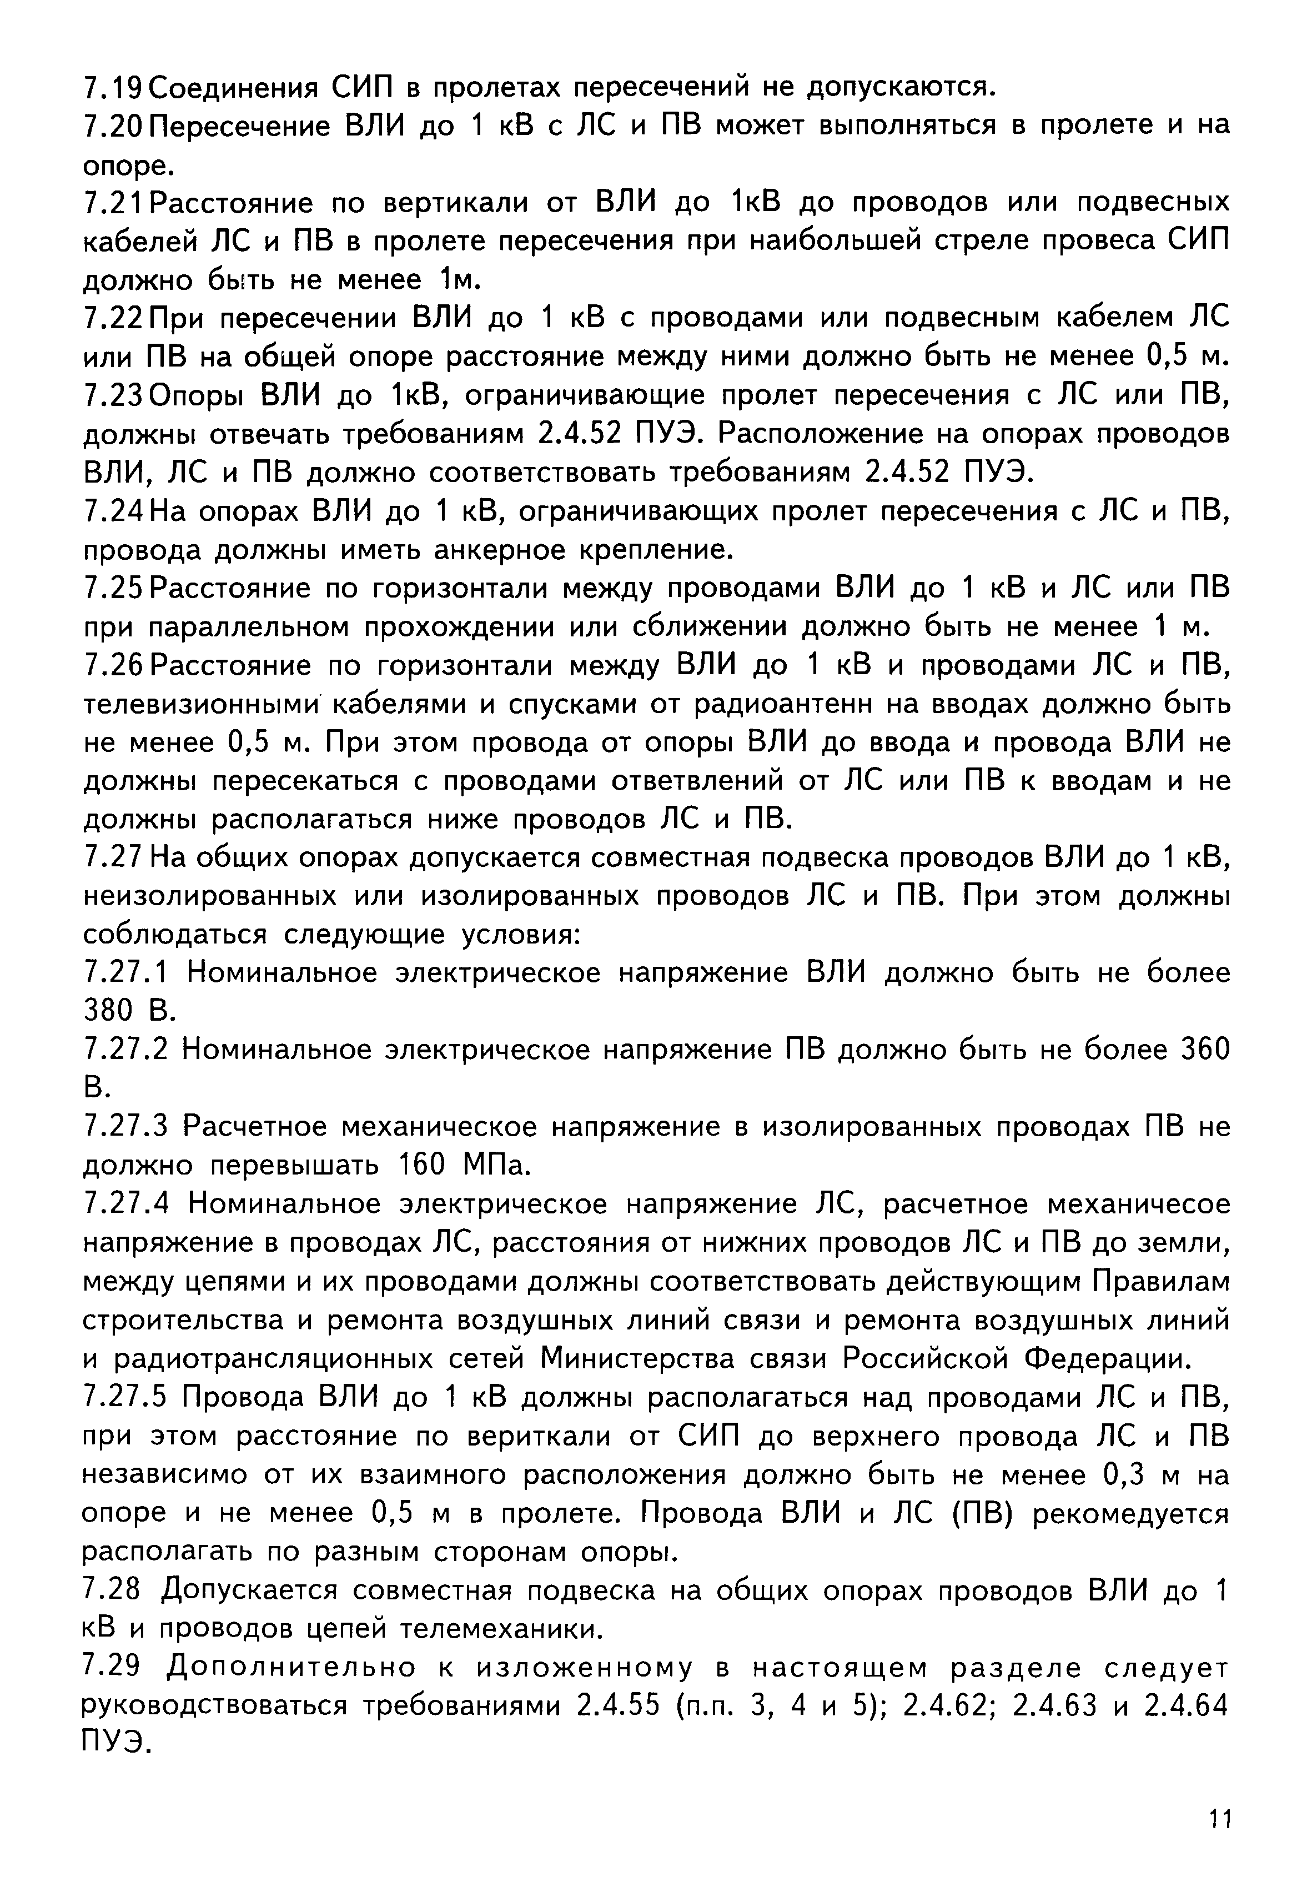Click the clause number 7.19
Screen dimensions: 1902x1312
coord(114,86)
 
